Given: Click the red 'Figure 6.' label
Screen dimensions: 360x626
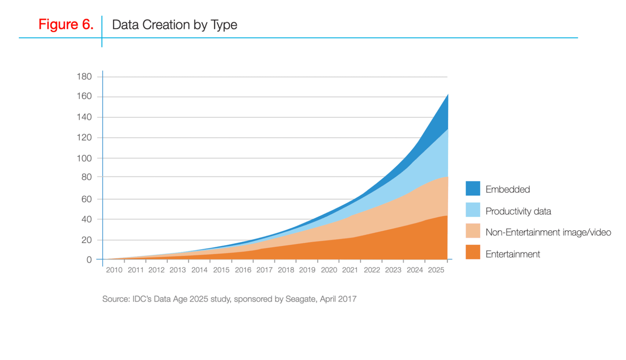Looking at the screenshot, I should pos(66,24).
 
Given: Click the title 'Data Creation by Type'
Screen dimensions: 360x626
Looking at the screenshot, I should pos(175,24).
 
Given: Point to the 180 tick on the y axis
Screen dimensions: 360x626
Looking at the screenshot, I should pos(85,76).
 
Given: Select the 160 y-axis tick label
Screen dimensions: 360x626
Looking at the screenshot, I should pos(85,97).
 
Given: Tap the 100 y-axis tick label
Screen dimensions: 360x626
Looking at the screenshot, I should pos(85,158).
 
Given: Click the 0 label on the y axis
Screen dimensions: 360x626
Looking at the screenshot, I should pos(89,260).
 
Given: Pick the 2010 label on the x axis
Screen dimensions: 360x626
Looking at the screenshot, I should pos(114,270).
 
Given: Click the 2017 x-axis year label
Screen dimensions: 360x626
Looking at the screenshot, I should pos(264,270).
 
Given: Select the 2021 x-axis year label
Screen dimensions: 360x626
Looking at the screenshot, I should pos(350,270).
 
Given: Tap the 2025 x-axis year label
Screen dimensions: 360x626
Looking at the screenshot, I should pos(436,270).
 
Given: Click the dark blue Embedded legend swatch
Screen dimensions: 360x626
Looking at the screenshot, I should pos(472,189).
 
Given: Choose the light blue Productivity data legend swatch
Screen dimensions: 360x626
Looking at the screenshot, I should pos(472,210).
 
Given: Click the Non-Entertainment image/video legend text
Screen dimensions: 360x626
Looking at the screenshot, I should pos(548,233).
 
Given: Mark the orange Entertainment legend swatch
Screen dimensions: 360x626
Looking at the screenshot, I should pos(472,252).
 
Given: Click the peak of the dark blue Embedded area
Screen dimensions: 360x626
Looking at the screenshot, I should pos(447,95).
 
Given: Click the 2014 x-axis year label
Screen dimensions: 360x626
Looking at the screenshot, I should pos(200,270).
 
